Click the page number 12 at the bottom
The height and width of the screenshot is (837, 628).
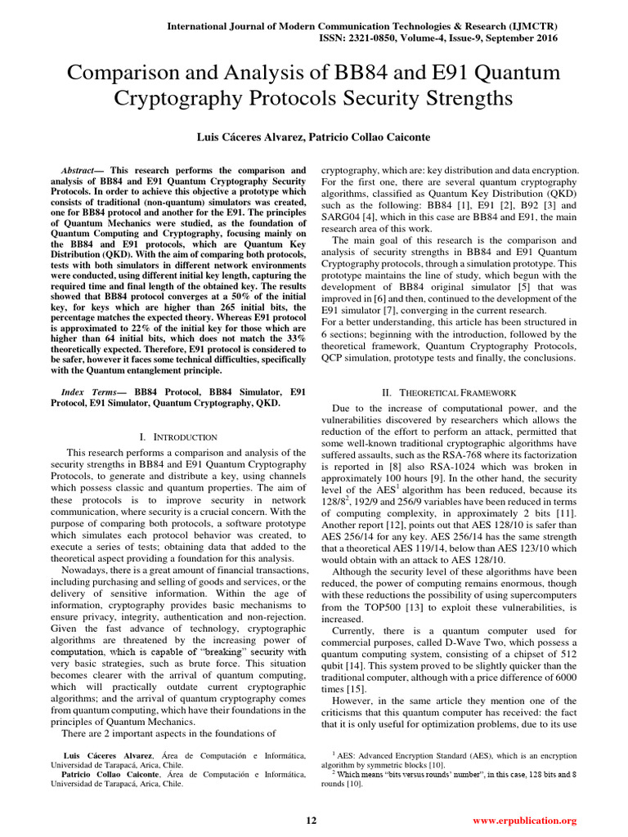coord(311,821)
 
